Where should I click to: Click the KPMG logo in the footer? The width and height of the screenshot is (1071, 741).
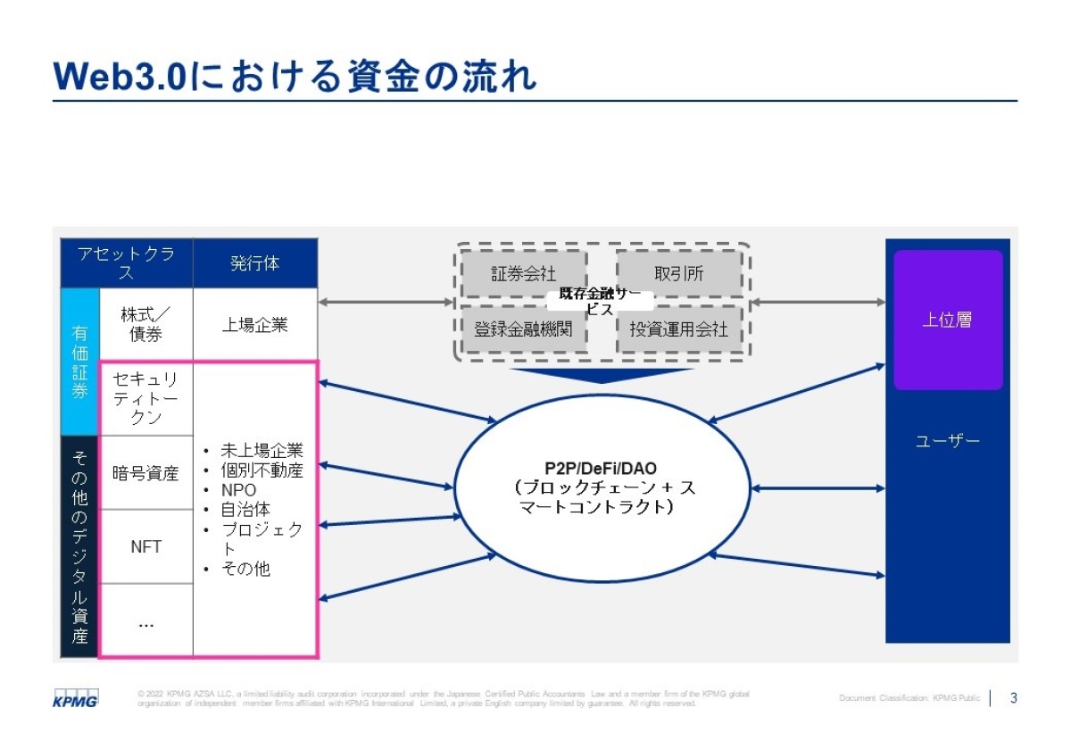[75, 697]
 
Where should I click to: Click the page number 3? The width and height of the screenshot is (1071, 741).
[1013, 697]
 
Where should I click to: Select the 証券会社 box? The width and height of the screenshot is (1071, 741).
[523, 274]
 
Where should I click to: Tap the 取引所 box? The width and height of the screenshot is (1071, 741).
[679, 274]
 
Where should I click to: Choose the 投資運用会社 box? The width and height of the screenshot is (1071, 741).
[679, 330]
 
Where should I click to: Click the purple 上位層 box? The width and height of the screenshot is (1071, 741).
[947, 320]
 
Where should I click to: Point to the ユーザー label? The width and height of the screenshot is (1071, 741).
[947, 441]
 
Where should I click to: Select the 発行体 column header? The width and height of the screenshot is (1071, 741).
[255, 263]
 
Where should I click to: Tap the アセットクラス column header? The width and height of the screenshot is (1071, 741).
[126, 263]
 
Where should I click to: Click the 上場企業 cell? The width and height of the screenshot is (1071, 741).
[255, 325]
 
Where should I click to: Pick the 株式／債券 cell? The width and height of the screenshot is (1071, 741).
[145, 324]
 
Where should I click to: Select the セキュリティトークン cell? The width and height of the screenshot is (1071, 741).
[145, 398]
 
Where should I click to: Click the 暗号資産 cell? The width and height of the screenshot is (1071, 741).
[145, 473]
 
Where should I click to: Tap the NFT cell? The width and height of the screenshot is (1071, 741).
[145, 546]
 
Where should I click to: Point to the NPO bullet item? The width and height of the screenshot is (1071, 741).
[238, 490]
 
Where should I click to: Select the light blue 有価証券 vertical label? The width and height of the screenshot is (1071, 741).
[79, 361]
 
